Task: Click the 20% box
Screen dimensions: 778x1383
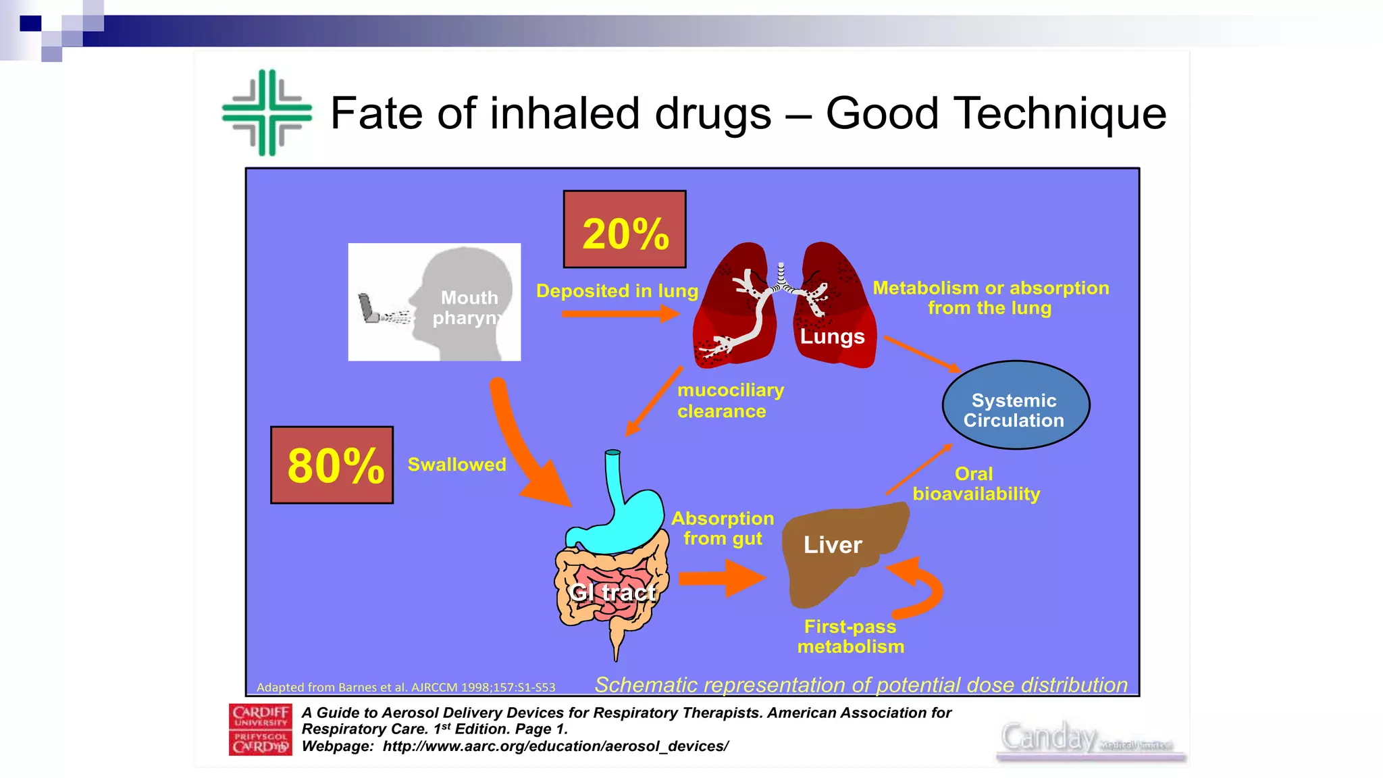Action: pyautogui.click(x=625, y=230)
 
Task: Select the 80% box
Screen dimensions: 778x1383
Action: pyautogui.click(x=332, y=465)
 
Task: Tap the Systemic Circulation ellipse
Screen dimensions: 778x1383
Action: pyautogui.click(x=1015, y=405)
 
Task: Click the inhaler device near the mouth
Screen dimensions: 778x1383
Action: pyautogui.click(x=369, y=309)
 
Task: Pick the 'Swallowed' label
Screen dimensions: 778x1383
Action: pyautogui.click(x=456, y=465)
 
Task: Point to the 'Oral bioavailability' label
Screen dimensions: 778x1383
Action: pyautogui.click(x=976, y=484)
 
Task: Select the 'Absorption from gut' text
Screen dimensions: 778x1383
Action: pyautogui.click(x=723, y=528)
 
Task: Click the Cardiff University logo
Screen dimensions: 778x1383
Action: pyautogui.click(x=261, y=729)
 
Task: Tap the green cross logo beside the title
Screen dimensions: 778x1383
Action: pyautogui.click(x=267, y=113)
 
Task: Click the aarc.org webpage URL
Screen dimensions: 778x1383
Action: pyautogui.click(x=555, y=746)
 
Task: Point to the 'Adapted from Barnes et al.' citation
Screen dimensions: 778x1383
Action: pyautogui.click(x=406, y=688)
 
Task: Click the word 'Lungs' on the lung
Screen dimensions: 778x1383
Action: pyautogui.click(x=832, y=336)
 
